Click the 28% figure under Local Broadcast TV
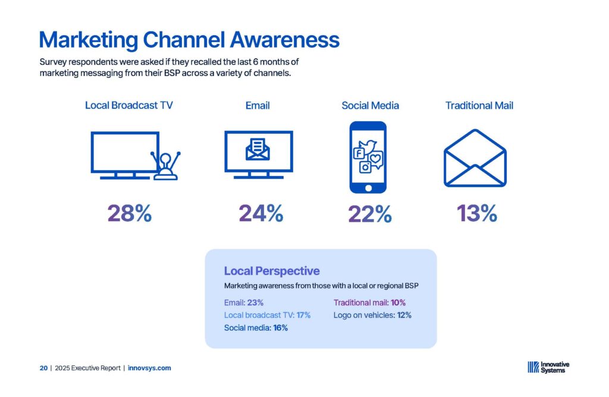(x=129, y=213)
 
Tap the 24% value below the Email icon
(x=260, y=213)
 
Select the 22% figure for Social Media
(x=370, y=214)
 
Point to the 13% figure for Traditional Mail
(x=477, y=213)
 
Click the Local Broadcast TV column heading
(x=129, y=106)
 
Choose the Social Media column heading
(x=370, y=106)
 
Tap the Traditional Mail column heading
(x=479, y=106)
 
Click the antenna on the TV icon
(x=166, y=166)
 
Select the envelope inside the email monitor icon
(x=258, y=149)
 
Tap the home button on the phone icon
(x=368, y=188)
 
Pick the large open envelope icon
(x=475, y=158)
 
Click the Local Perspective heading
(x=272, y=271)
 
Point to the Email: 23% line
(x=243, y=303)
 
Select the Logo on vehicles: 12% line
(x=372, y=315)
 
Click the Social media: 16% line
(x=256, y=328)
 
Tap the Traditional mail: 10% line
(x=369, y=303)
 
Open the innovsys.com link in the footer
(x=149, y=368)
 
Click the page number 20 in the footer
(x=43, y=368)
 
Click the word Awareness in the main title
(x=285, y=40)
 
